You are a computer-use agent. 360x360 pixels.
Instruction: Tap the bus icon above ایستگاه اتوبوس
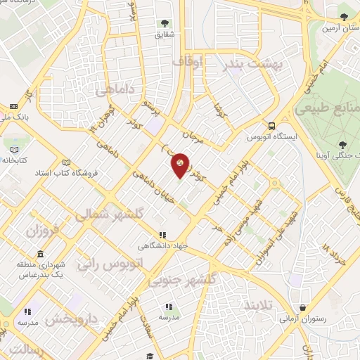pos(271,126)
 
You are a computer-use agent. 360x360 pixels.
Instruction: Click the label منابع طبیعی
pos(328,108)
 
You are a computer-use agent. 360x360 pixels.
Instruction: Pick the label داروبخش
pos(72,320)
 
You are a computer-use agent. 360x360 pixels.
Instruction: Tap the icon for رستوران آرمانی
pos(302,307)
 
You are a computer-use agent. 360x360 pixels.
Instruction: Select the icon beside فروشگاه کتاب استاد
pos(67,161)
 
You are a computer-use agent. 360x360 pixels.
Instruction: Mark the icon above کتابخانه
pos(17,148)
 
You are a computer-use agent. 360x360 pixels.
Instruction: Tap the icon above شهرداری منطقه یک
pos(40,255)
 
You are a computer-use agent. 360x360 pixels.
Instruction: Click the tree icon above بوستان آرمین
pos(343,18)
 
